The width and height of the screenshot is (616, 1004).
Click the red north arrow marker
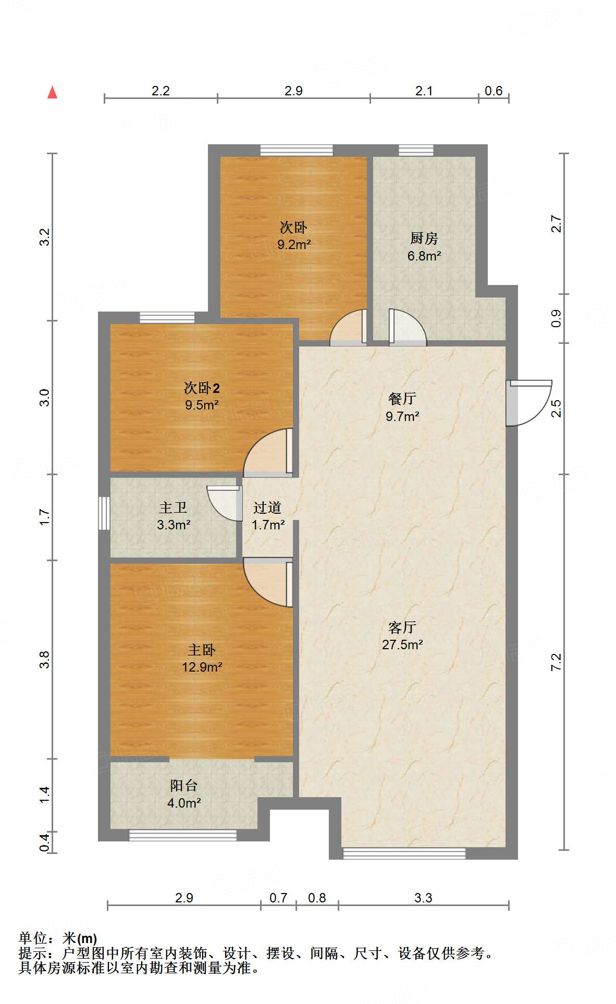52,93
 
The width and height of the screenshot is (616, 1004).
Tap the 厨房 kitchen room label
424,239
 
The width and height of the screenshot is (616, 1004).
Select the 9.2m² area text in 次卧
294,244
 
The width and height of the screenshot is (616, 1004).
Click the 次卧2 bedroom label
202,388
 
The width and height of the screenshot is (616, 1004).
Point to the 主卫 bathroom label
173,507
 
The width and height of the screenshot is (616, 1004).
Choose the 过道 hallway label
267,507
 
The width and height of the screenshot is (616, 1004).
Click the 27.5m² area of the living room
402,644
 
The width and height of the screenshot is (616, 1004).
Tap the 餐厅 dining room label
402,399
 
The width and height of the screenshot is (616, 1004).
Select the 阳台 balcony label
184,786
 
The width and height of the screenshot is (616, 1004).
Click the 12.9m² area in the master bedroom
202,667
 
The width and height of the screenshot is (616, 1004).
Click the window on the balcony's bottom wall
182,835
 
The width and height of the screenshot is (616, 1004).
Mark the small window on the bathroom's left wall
104,513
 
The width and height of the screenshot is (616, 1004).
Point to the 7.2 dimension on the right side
556,661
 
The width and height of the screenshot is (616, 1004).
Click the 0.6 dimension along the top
493,91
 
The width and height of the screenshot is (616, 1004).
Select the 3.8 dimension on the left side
45,659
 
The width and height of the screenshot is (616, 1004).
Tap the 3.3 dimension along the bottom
423,898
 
